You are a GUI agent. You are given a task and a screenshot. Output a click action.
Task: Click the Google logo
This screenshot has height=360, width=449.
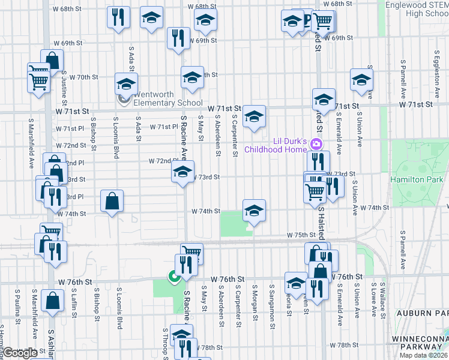pos(20,353)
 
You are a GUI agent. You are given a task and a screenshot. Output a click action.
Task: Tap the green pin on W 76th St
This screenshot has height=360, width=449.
pos(173,277)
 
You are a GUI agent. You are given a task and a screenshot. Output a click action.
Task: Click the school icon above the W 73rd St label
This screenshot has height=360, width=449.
pos(183,172)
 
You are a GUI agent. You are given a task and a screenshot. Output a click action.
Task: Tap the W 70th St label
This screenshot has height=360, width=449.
pos(83,77)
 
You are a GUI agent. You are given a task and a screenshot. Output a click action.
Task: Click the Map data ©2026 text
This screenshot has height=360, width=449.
pos(423,355)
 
